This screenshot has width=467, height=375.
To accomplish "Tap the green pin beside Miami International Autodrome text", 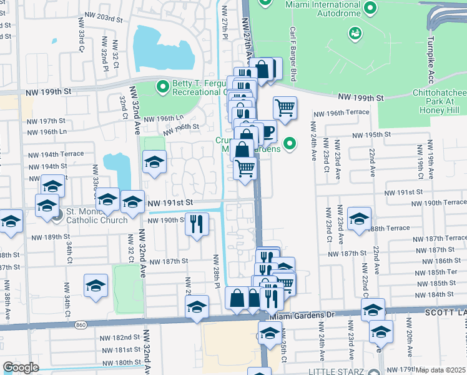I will click(370, 7).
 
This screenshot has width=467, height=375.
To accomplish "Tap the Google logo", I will click(21, 367).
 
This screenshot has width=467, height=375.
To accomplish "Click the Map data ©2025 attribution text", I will click(441, 370).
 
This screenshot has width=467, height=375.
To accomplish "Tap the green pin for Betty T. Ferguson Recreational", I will click(163, 86).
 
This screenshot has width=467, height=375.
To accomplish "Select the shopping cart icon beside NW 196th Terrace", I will click(285, 107).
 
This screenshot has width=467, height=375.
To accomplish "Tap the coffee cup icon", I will click(267, 131).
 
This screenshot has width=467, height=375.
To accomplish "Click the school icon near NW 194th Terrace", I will click(154, 162).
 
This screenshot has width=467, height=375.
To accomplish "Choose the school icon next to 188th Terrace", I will click(360, 219).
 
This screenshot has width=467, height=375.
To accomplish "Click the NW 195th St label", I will click(371, 134).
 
